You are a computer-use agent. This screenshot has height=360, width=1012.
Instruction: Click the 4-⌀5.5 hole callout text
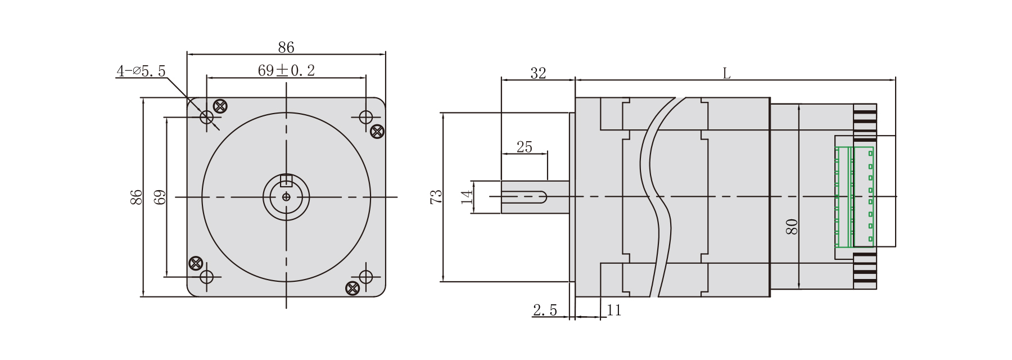(141, 71)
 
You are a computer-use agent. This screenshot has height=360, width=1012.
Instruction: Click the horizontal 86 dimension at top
(286, 47)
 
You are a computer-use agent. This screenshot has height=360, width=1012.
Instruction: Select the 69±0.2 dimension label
(286, 70)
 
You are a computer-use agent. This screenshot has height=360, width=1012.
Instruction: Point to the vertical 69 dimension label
(160, 197)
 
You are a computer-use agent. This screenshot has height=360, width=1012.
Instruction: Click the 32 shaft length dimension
(538, 73)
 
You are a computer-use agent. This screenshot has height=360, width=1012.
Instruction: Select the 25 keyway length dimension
(524, 147)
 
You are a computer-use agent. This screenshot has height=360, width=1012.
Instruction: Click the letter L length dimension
(726, 73)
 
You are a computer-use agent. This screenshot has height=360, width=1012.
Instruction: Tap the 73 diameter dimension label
(436, 197)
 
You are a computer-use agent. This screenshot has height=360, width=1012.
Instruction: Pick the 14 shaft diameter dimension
(467, 197)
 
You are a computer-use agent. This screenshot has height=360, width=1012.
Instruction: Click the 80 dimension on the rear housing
(792, 226)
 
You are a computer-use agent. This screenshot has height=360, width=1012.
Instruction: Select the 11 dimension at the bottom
(614, 310)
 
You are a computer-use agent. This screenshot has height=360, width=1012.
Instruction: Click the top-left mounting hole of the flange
(207, 117)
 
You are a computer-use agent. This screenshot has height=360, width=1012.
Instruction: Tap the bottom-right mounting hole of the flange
(365, 276)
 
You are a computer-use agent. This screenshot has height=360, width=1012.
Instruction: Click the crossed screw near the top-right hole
(378, 131)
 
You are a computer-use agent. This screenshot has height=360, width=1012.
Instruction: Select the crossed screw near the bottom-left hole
(195, 262)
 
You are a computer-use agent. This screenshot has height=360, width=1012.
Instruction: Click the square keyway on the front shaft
(286, 180)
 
